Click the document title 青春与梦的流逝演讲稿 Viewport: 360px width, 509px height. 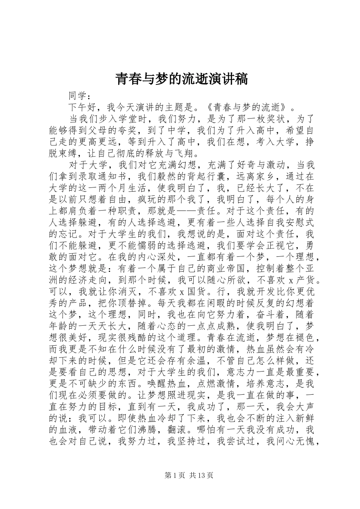coord(181,79)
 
